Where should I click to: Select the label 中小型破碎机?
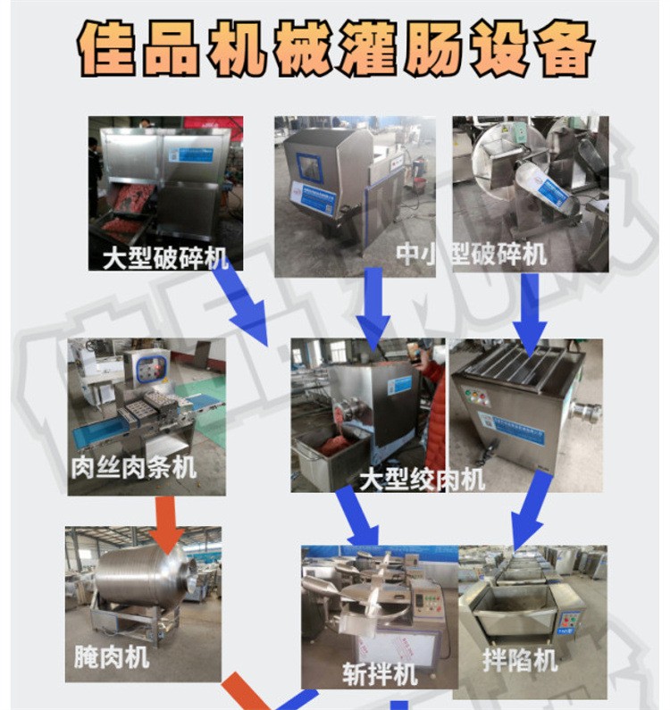471,255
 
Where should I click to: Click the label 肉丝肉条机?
133,465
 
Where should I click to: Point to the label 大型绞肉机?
422,479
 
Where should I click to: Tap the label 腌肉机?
112,658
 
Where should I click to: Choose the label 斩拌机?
380,672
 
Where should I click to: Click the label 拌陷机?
520,660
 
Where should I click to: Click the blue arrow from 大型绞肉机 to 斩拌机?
357,516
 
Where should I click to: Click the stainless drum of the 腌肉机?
144,577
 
